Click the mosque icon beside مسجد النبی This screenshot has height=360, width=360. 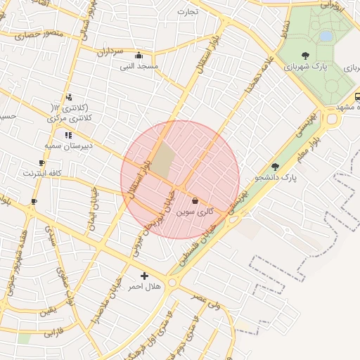click(139, 56)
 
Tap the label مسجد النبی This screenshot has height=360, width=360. click(138, 66)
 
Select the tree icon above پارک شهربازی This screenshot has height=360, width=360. click(304, 56)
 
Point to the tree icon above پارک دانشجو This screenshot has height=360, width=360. click(275, 167)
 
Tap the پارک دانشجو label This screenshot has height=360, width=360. click(279, 178)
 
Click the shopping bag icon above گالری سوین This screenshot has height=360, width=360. click(195, 201)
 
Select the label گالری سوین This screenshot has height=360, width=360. click(195, 211)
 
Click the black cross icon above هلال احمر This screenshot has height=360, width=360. click(145, 276)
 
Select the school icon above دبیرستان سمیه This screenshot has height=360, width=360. click(67, 135)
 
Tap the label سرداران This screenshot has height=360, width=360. click(110, 51)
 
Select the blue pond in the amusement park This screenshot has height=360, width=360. click(326, 35)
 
